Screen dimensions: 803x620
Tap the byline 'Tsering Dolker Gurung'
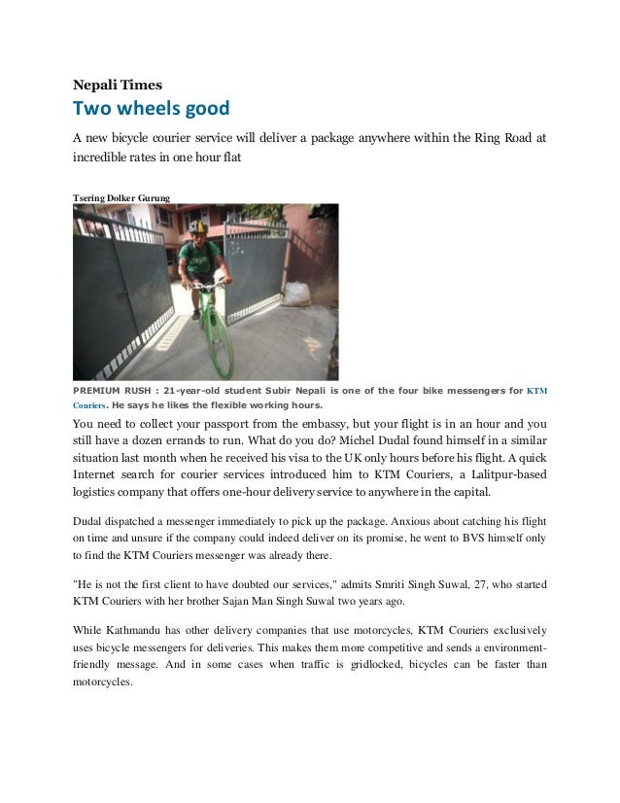(x=121, y=198)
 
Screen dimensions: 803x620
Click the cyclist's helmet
(x=198, y=227)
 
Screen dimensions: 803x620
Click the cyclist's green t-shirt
(x=198, y=258)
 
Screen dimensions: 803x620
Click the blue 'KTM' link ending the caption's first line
(x=536, y=391)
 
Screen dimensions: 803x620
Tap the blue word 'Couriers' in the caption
(x=89, y=405)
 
